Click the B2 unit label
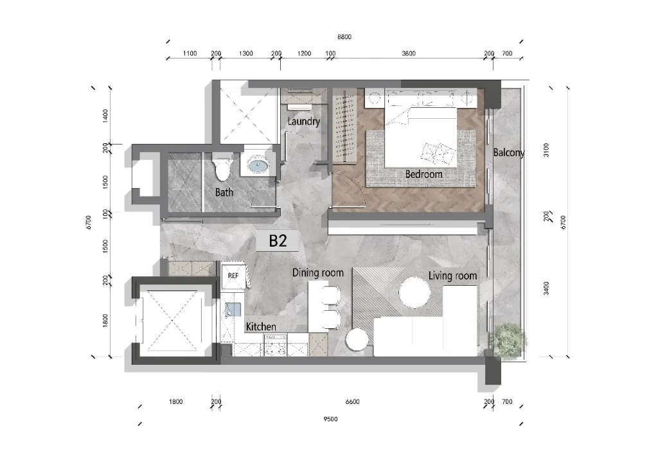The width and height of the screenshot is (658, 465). click(278, 241)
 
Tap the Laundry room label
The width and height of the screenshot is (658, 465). click(304, 121)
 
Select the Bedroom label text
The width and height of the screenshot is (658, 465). click(424, 174)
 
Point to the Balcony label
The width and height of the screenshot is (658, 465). click(509, 153)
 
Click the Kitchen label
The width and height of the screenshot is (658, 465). click(261, 327)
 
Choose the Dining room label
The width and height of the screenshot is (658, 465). click(317, 273)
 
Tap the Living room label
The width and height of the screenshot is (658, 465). click(453, 276)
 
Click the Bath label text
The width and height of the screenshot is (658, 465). click(224, 193)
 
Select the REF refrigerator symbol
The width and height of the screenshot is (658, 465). click(233, 276)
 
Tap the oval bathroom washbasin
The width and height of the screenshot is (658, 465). click(258, 165)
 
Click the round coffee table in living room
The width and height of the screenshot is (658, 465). click(414, 292)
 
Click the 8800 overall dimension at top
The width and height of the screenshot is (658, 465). click(344, 37)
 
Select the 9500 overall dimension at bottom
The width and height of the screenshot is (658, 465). click(330, 419)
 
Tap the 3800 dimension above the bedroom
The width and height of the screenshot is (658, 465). click(409, 53)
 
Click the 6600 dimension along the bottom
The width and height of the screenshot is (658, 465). click(353, 401)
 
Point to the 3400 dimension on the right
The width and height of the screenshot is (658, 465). click(546, 288)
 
